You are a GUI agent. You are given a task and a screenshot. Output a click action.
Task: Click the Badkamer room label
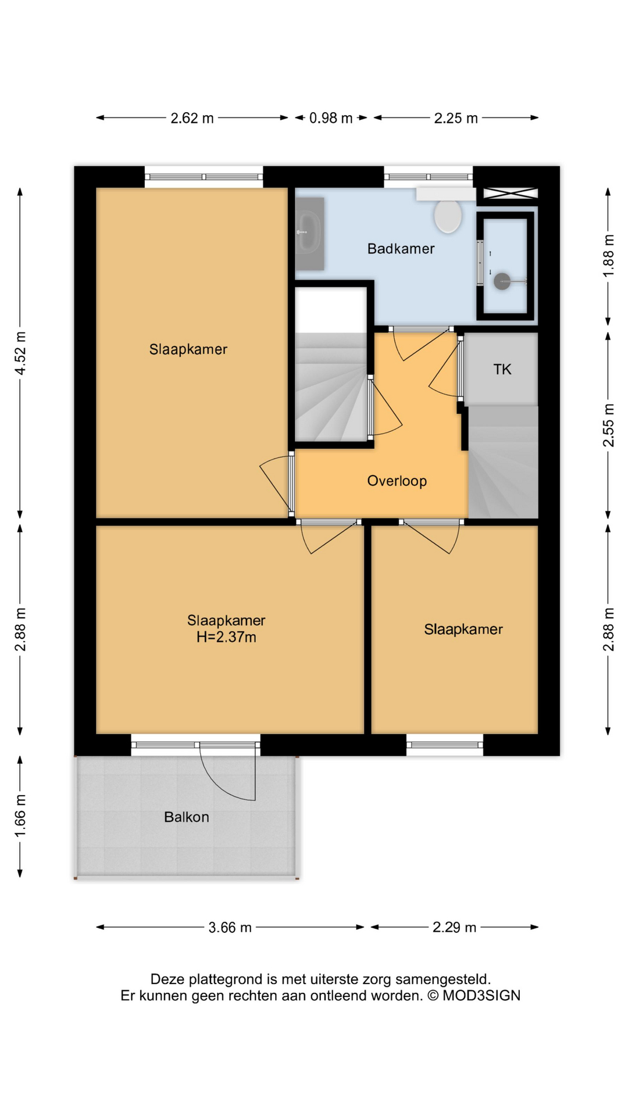tap(401, 249)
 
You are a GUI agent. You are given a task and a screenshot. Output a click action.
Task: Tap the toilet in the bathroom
tap(448, 216)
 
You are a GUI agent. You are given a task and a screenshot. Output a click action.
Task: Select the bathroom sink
tap(309, 233)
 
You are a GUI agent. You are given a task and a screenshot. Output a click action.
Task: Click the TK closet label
tap(502, 369)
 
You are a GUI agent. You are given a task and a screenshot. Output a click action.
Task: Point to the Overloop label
tap(397, 481)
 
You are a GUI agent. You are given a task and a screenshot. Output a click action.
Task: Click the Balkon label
tap(187, 817)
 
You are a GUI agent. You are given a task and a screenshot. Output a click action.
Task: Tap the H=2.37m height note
tap(226, 637)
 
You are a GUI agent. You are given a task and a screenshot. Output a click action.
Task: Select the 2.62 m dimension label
tap(192, 118)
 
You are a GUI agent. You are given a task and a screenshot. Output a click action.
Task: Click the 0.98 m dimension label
tap(331, 118)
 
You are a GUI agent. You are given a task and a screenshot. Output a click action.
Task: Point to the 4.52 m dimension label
tap(20, 353)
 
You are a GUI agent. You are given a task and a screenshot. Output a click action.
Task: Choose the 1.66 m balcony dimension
tap(20, 817)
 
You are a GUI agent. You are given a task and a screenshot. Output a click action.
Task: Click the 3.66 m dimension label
tap(230, 927)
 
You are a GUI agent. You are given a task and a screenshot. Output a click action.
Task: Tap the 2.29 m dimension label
tap(454, 927)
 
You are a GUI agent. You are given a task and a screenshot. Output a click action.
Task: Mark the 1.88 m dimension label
tap(608, 256)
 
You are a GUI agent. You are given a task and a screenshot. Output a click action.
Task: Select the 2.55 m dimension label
tap(608, 425)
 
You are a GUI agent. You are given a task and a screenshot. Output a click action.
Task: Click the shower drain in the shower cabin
tap(502, 281)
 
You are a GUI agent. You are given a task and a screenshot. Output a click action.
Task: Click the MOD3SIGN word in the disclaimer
tap(481, 996)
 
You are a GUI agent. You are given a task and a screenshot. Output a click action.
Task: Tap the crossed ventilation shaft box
tap(511, 194)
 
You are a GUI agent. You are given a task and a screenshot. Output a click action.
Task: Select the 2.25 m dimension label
tap(456, 118)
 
